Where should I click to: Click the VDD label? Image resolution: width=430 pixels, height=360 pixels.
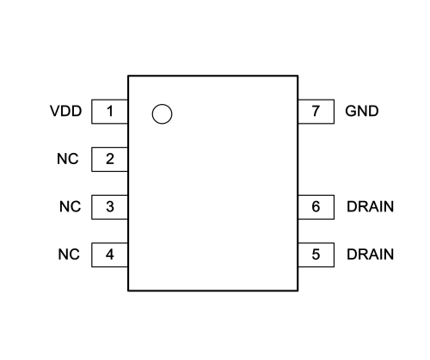coord(66,111)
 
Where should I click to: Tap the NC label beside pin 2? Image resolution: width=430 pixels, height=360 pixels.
coord(68,159)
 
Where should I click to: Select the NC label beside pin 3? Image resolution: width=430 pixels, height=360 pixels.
coord(70,206)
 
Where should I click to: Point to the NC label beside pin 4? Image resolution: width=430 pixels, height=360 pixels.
coord(69,254)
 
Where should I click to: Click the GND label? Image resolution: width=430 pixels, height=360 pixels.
coord(362,111)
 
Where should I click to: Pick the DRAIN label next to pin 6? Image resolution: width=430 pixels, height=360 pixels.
coord(370,206)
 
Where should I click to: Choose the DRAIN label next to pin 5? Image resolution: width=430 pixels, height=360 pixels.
coord(370,254)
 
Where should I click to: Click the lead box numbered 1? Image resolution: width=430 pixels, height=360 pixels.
coord(110,112)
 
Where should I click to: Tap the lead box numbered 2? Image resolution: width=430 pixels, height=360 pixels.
coord(110,159)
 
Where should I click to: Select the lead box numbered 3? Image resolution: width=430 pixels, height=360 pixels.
coord(110,207)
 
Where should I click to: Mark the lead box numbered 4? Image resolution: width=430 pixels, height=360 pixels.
coord(110,255)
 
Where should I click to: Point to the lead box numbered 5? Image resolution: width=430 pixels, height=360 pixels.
coord(316,255)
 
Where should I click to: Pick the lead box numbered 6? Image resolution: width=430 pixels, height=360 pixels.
coord(316,207)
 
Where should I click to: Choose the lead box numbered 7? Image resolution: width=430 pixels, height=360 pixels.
coord(316,112)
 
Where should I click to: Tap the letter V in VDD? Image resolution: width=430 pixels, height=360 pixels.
coord(55,111)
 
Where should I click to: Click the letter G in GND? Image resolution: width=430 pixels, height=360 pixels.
coord(351,111)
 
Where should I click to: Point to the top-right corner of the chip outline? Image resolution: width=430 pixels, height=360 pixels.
coord(298,76)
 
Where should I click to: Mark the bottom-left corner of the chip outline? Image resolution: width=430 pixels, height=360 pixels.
coord(128,290)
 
